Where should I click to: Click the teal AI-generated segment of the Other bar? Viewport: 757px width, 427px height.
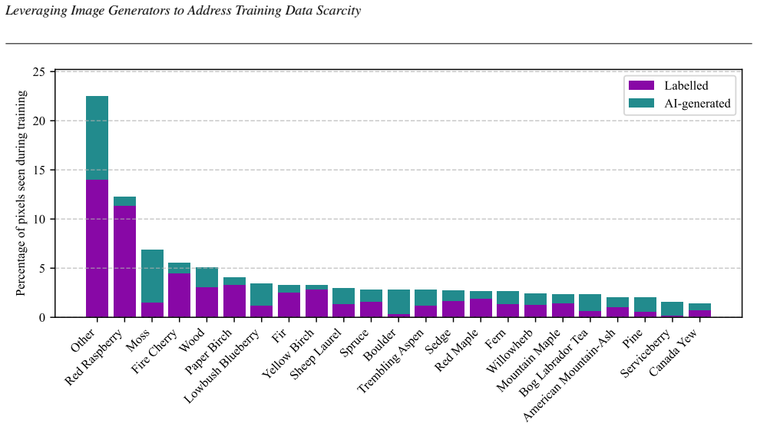(97, 137)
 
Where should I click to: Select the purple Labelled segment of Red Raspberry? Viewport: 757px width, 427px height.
(124, 261)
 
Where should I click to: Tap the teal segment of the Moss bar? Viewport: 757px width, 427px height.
(152, 276)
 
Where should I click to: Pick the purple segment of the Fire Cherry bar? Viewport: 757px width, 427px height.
(179, 295)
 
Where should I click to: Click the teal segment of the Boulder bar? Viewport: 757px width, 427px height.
(398, 302)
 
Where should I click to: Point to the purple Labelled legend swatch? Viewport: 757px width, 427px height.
(641, 85)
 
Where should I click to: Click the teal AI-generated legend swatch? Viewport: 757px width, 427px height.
(641, 104)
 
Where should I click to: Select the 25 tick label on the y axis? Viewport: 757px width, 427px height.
(39, 72)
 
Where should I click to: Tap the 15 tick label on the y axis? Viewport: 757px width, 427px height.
(39, 170)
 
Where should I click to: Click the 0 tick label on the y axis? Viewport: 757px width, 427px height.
(42, 317)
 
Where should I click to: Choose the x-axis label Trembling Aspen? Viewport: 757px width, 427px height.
(390, 361)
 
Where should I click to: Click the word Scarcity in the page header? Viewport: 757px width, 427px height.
(340, 11)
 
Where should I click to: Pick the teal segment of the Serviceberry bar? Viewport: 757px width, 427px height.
(672, 309)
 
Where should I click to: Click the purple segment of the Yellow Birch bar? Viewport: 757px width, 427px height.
(317, 303)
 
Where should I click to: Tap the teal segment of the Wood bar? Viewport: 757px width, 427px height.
(207, 277)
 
